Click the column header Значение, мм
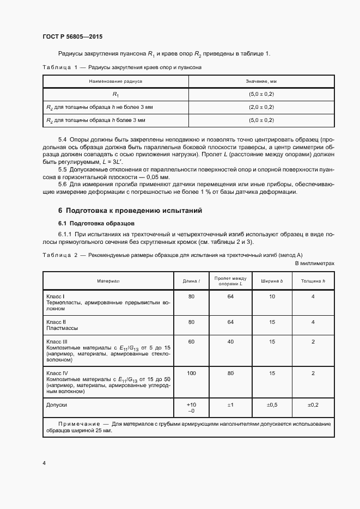pos(261,81)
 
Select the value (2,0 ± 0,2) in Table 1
pos(261,107)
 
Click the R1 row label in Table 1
pos(115,94)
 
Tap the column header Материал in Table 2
pos(108,281)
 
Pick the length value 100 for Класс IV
pos(191,373)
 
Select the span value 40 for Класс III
pos(230,341)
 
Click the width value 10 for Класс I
pos(272,297)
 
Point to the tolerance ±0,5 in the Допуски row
pos(272,406)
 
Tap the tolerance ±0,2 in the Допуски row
pos(313,406)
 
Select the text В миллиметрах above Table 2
pos(314,263)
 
